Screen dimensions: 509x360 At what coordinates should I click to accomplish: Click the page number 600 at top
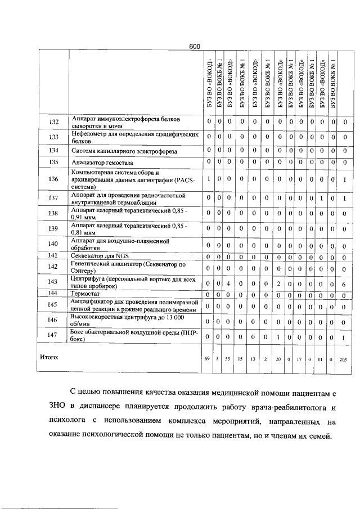[195, 46]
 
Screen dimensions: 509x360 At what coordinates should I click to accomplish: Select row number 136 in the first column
[53, 179]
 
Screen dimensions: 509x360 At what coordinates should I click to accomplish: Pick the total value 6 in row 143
[344, 284]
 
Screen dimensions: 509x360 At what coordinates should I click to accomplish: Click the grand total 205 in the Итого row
[344, 358]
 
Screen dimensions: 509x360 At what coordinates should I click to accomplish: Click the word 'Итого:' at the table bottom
[49, 357]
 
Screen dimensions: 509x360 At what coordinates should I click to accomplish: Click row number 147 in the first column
[53, 336]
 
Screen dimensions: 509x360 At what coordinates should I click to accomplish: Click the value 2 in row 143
[278, 284]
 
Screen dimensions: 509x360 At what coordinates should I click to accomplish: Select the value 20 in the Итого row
[278, 358]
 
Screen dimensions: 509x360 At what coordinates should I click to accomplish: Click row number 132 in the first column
[53, 121]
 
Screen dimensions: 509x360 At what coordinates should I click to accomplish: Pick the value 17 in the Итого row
[300, 358]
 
